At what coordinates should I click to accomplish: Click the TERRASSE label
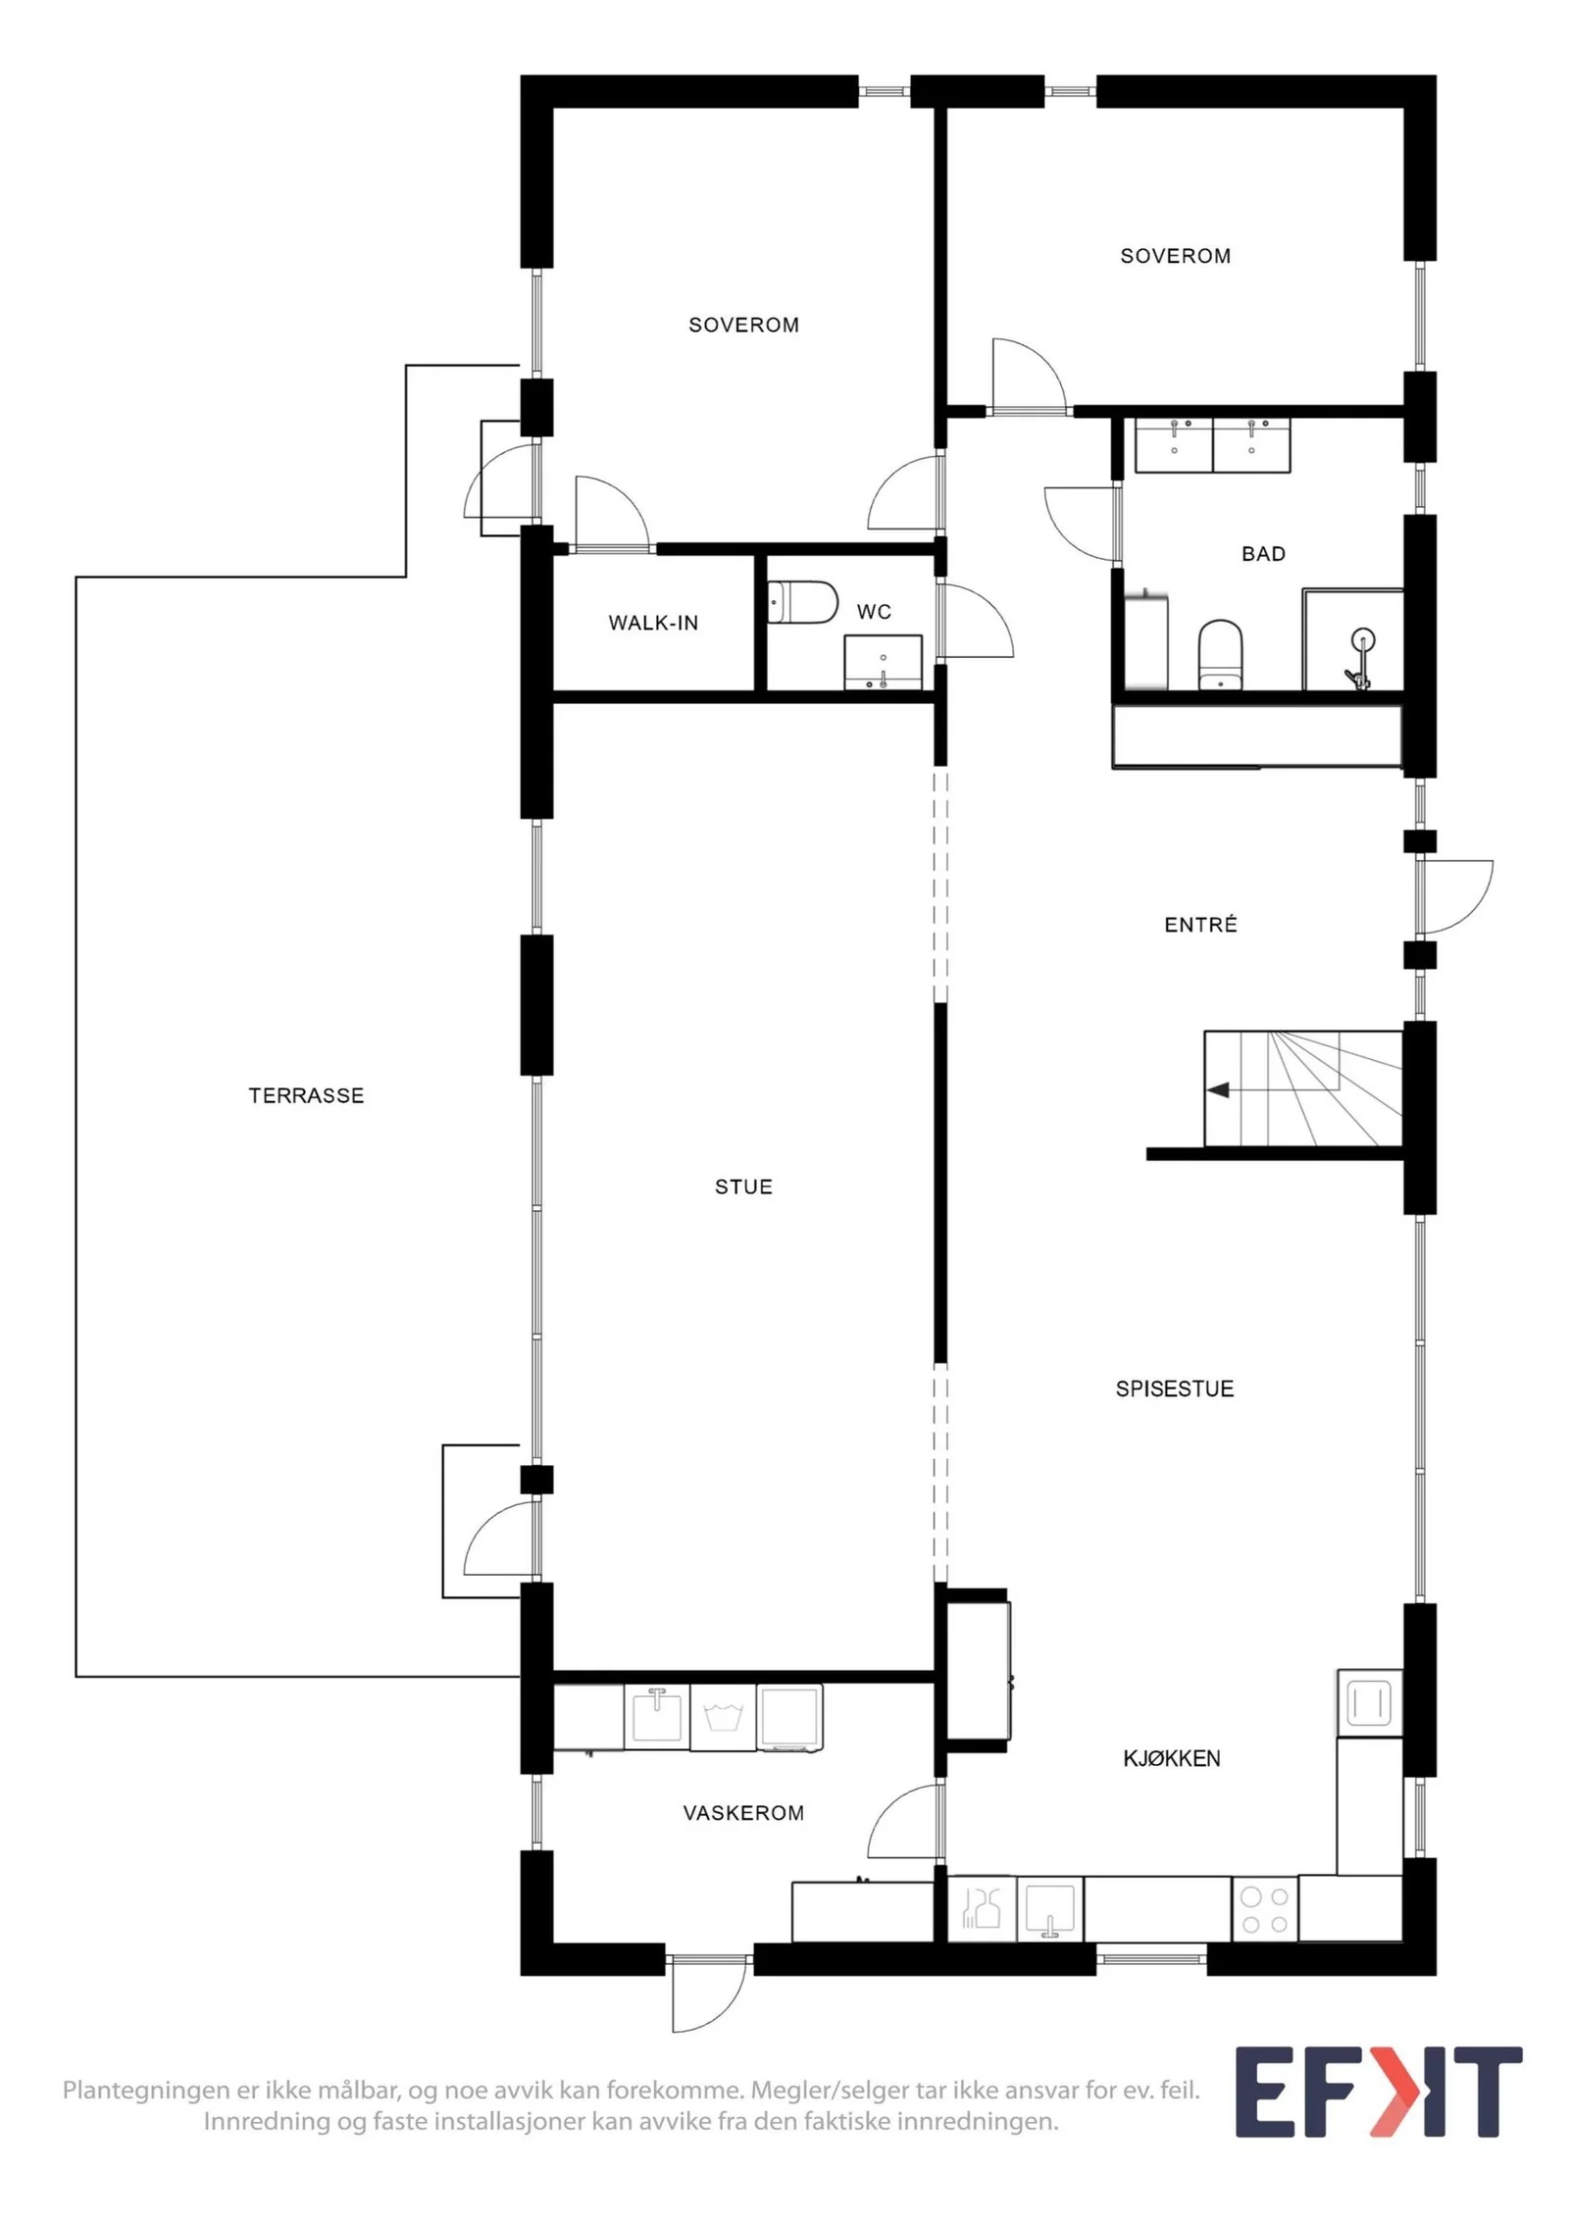tap(306, 1095)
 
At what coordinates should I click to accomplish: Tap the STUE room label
tap(743, 1186)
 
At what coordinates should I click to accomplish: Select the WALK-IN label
tap(653, 623)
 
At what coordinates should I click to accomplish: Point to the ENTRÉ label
tap(1200, 924)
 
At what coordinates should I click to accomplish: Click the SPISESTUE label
tap(1174, 1388)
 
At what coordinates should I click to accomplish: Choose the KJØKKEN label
tap(1171, 1758)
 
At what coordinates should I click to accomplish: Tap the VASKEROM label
tap(743, 1813)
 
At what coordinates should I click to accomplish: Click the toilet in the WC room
tap(802, 602)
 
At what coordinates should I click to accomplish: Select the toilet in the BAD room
tap(1220, 654)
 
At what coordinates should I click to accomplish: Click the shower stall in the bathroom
tap(1352, 639)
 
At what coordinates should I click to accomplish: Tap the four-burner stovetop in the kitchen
tap(1264, 1909)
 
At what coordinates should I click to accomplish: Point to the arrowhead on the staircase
tap(1218, 1089)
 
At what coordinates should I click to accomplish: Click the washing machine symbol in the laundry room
tap(723, 1717)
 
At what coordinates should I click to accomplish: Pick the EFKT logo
tap(1378, 2093)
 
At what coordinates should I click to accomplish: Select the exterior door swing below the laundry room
tap(708, 1994)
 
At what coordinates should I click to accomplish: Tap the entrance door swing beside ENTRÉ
tap(1453, 895)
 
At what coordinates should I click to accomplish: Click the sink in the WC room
tap(883, 662)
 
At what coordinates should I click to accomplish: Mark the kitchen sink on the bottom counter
tap(1049, 1909)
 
